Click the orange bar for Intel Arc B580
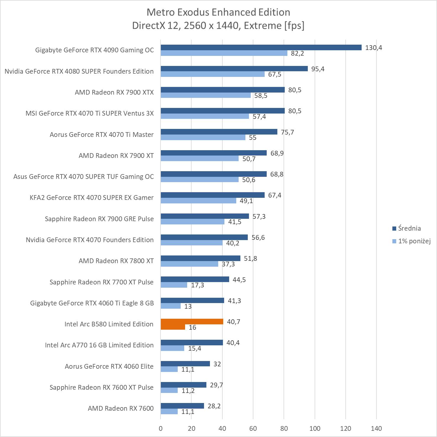tap(192, 322)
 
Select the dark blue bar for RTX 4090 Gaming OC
tap(261, 48)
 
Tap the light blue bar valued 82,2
tap(224, 53)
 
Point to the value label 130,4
tap(373, 48)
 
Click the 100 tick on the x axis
tap(315, 428)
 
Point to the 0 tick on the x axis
tap(161, 428)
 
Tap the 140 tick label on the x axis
tap(376, 428)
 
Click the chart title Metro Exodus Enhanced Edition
tap(218, 12)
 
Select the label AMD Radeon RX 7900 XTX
tap(114, 92)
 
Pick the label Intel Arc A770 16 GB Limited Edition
tap(99, 345)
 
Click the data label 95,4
tap(318, 69)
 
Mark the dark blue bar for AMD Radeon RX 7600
tap(182, 406)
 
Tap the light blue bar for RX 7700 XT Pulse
tap(174, 285)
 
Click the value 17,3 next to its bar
tap(197, 285)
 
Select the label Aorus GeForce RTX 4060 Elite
tap(109, 366)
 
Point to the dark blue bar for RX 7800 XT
tap(200, 258)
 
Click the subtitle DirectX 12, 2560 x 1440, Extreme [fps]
tap(218, 25)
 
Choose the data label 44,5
tap(239, 280)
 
